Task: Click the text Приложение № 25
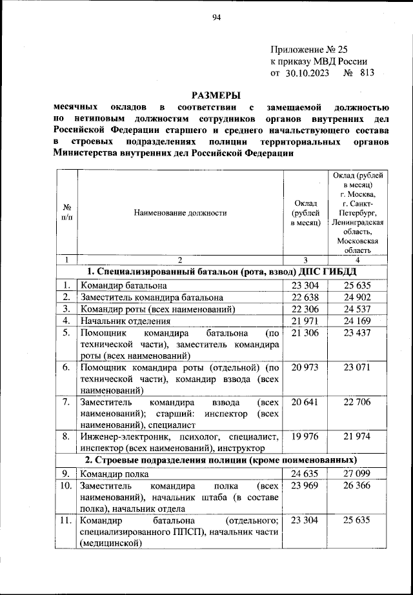coord(310,49)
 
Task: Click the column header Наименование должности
coord(180,212)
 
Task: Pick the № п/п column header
coord(66,212)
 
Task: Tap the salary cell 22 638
coord(305,297)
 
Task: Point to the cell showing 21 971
coord(305,321)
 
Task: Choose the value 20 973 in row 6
coord(305,367)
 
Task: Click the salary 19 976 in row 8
coord(305,437)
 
